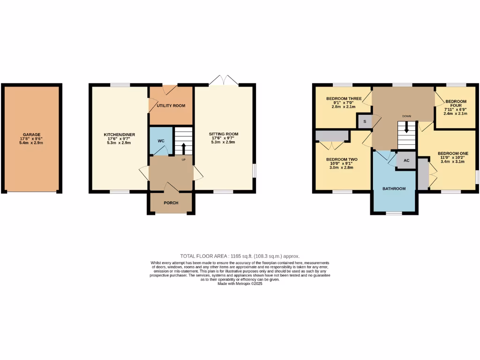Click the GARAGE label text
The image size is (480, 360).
[32, 135]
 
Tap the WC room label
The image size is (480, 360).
[161, 141]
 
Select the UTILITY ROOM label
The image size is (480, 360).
[171, 106]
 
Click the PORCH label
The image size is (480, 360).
[171, 203]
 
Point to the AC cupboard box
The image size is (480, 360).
[406, 160]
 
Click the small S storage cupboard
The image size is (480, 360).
[365, 121]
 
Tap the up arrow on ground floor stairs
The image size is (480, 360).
[183, 148]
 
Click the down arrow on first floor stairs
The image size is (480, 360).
[406, 127]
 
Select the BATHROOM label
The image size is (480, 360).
[394, 188]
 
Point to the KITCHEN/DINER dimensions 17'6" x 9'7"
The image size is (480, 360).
[119, 139]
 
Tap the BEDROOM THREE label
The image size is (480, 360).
[344, 98]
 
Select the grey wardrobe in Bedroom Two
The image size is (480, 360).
[332, 136]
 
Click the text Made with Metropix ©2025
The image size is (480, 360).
[240, 284]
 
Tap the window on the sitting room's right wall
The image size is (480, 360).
[255, 171]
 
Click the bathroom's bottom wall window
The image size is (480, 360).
[394, 214]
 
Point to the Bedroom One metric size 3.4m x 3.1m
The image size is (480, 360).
[452, 162]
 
